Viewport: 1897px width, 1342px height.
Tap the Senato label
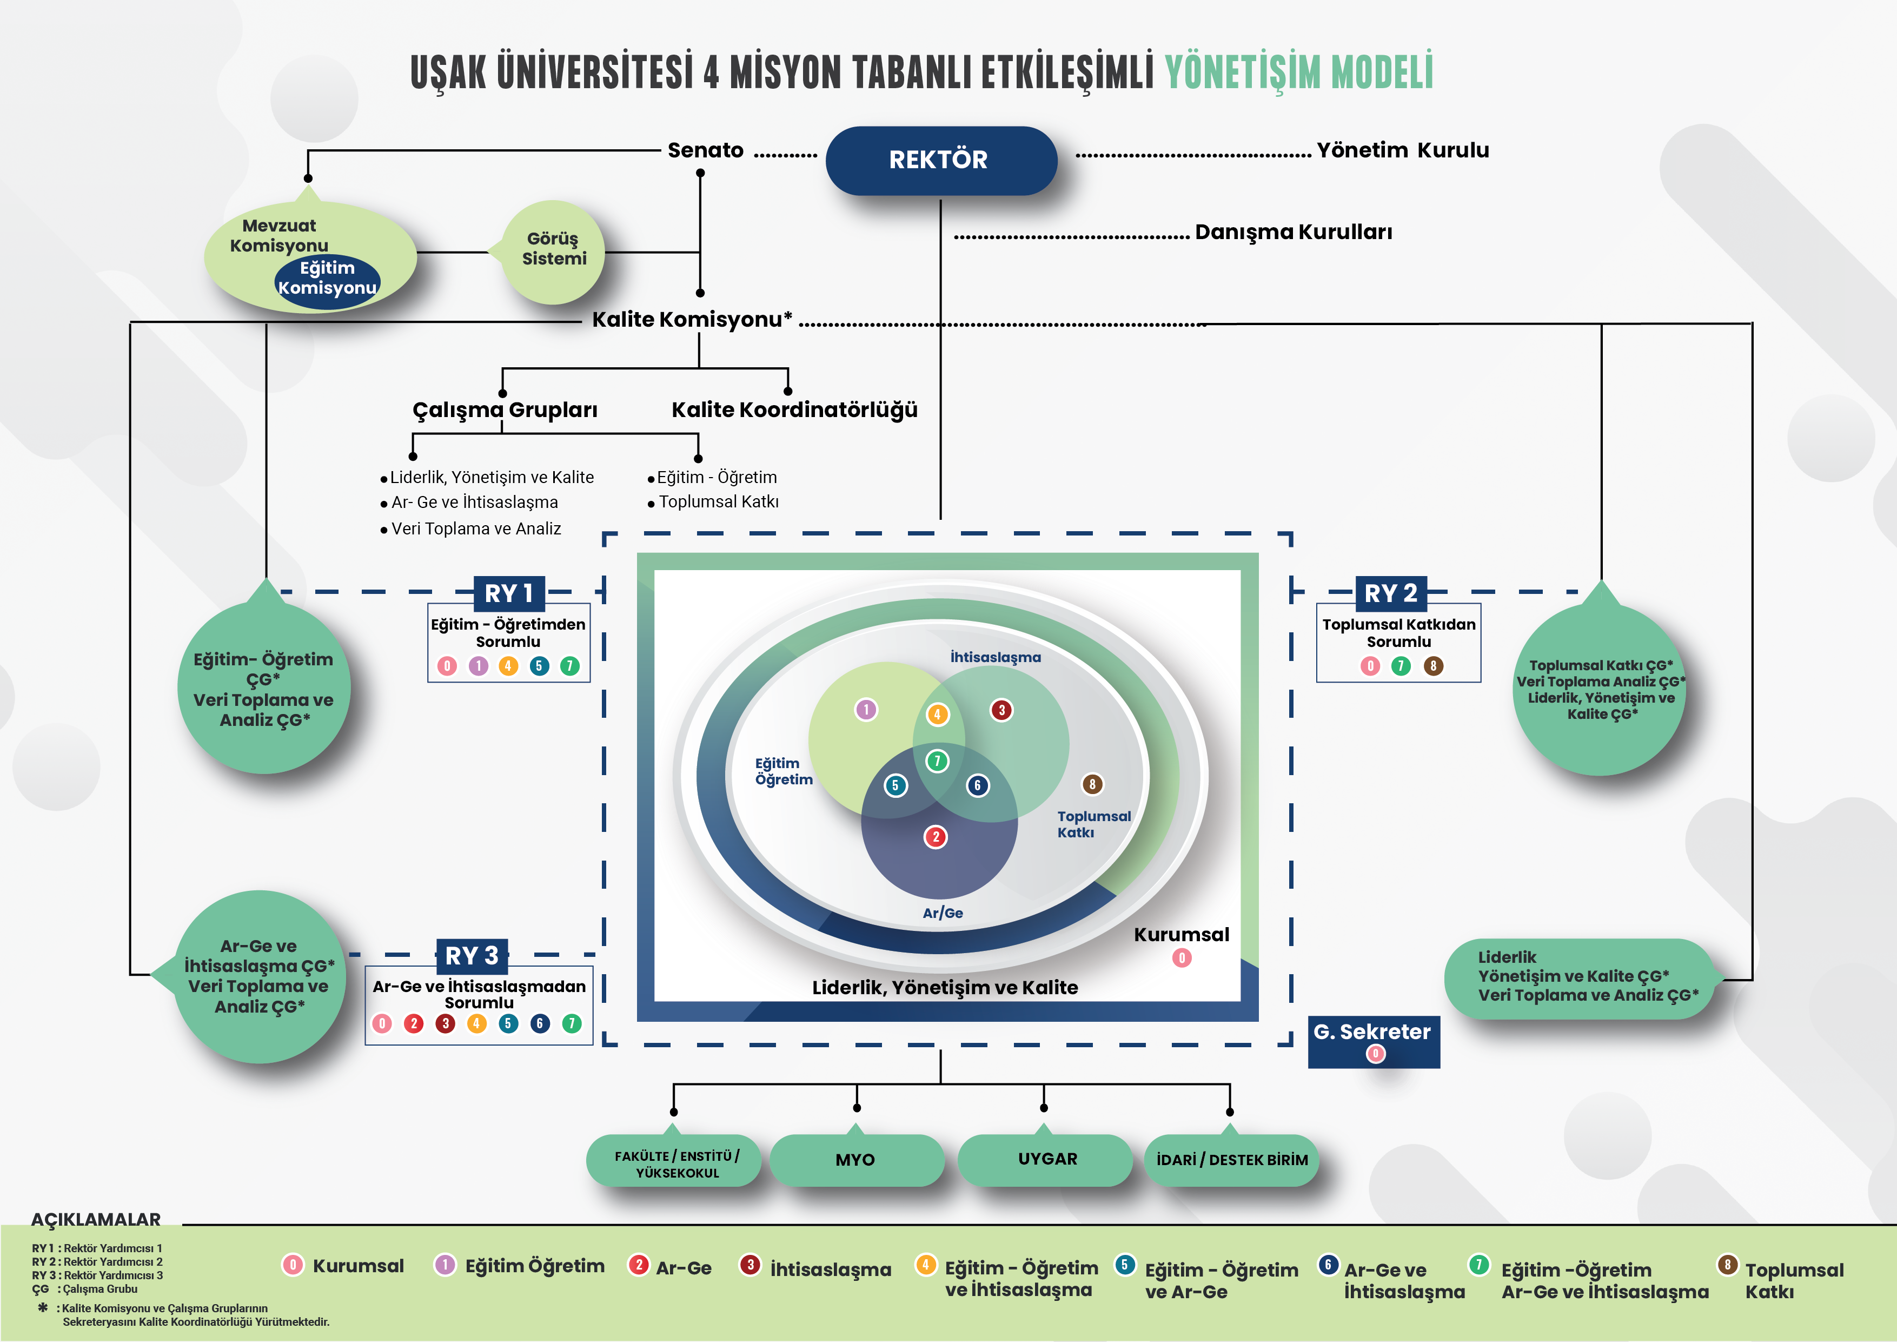[705, 150]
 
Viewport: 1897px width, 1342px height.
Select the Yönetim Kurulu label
[1402, 150]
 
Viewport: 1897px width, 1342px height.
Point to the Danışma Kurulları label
[1293, 232]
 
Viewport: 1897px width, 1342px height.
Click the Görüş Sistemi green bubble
[554, 249]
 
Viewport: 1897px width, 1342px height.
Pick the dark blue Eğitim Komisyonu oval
[327, 279]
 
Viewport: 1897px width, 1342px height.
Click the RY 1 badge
[509, 593]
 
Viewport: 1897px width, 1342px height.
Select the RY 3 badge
[471, 956]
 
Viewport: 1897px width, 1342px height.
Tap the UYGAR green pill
[1047, 1159]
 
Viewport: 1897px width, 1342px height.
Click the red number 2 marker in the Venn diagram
[936, 837]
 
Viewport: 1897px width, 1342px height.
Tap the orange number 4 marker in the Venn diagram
[937, 715]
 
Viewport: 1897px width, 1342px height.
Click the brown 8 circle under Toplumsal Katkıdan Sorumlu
[1432, 666]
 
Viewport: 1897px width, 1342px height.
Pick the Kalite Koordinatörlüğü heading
[794, 410]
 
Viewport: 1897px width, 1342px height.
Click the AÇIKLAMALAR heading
[96, 1220]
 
